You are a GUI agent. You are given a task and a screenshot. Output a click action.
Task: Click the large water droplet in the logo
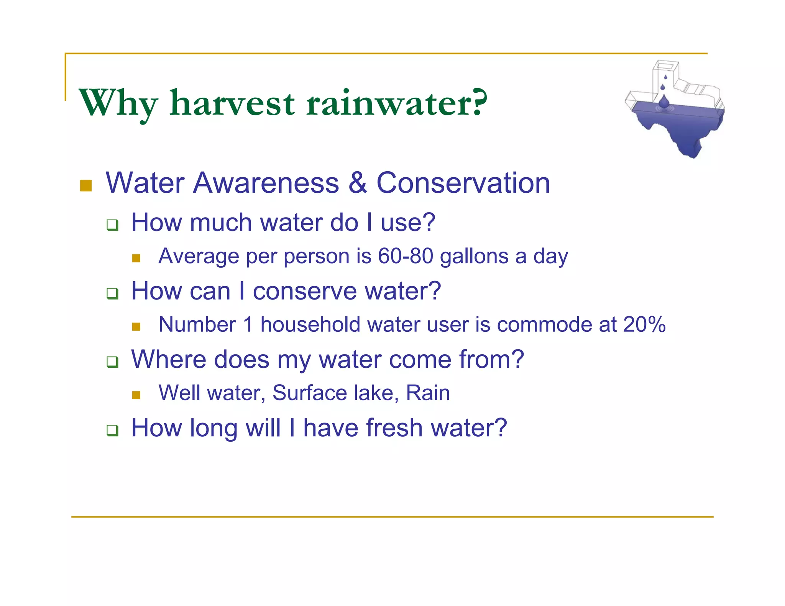point(664,102)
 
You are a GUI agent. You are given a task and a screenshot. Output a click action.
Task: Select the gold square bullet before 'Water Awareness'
point(86,185)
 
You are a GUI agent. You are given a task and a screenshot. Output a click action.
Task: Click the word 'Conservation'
point(463,183)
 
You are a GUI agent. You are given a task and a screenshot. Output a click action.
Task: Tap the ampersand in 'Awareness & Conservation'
point(358,183)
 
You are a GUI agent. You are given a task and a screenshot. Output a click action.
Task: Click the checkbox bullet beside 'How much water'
point(112,225)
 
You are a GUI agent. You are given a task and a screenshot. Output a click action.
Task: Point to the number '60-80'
point(406,256)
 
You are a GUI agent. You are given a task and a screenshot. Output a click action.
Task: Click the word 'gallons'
point(474,257)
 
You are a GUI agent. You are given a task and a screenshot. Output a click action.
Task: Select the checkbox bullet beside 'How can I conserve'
point(112,293)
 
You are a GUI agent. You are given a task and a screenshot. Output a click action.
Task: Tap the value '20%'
point(644,324)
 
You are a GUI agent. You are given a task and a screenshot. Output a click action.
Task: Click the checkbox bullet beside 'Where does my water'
point(112,362)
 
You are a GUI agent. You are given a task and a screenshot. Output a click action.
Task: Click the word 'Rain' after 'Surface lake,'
point(428,393)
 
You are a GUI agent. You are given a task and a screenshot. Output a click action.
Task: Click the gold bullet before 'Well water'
point(136,395)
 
